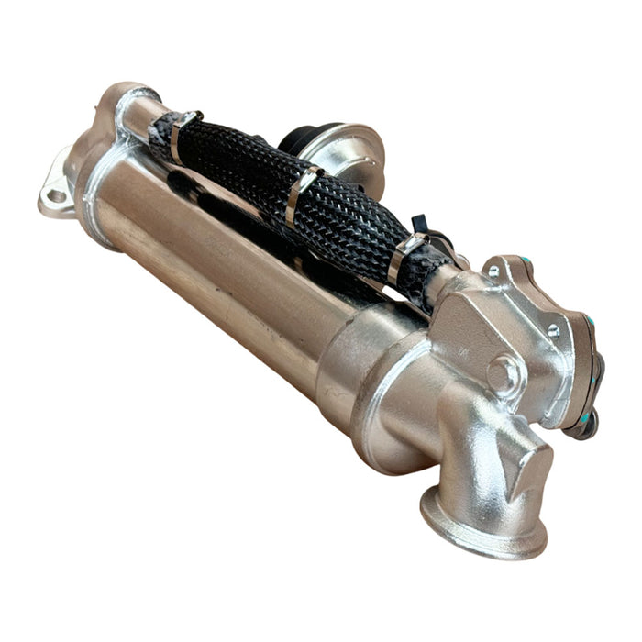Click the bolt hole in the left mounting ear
pyautogui.click(x=55, y=195)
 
